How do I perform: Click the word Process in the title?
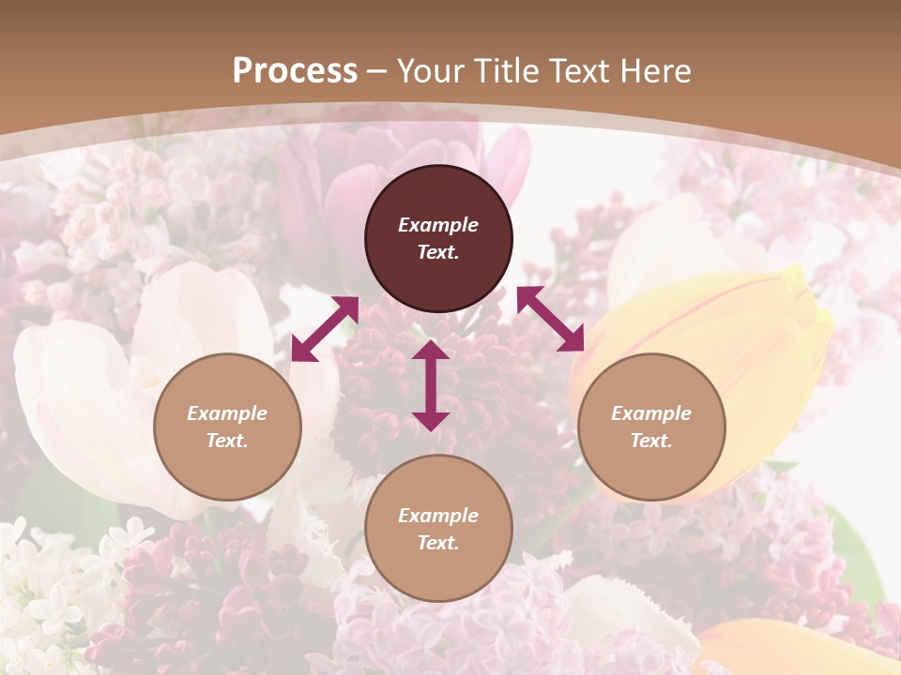295,71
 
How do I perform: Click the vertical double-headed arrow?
431,385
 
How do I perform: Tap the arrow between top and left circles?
325,329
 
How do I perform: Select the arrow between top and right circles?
550,319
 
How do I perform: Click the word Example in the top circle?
438,225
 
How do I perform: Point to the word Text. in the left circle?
227,441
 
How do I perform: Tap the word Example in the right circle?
651,413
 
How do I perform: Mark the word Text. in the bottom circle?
438,543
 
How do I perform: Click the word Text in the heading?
579,71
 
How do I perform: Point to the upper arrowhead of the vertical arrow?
431,351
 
